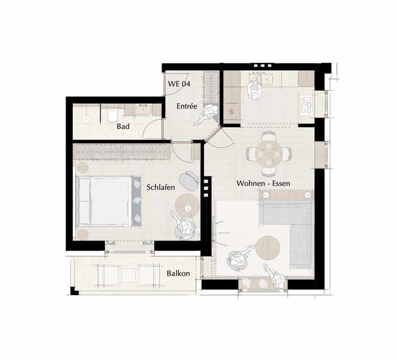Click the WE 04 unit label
pos(179,83)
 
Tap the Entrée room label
pos(187,106)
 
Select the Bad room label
pos(123,126)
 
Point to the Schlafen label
pos(161,187)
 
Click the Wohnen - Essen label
pos(263,183)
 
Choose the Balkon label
pos(178,273)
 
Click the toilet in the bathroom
pos(112,115)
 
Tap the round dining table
pos(268,153)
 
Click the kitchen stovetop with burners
pos(306,104)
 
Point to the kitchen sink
pos(267,79)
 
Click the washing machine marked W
pos(232,112)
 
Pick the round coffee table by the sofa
pos(268,248)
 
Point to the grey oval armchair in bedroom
pos(189,181)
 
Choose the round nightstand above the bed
pos(82,167)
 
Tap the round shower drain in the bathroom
pos(86,119)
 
